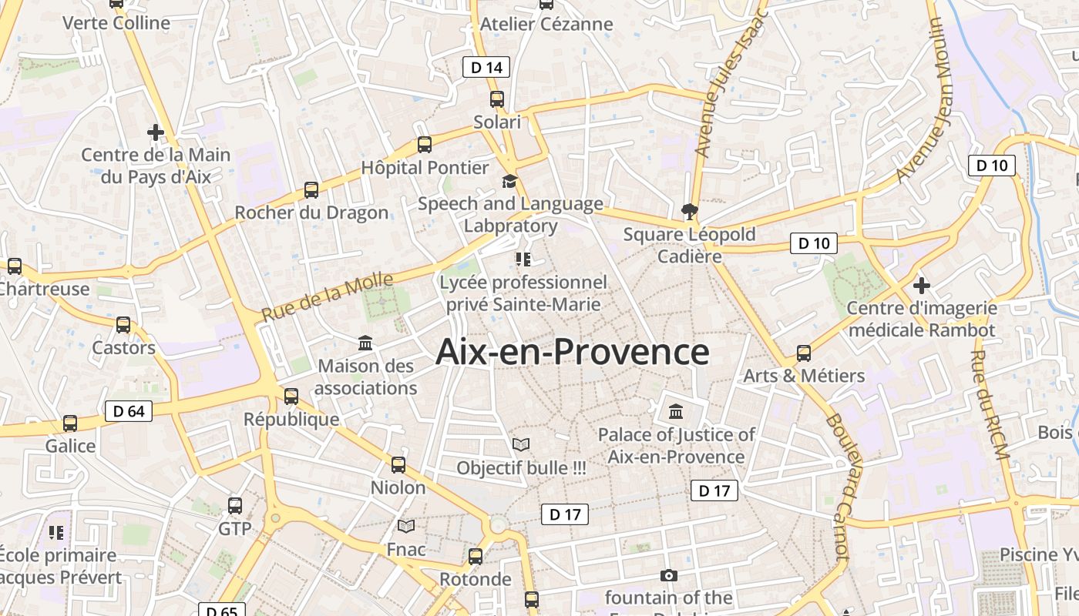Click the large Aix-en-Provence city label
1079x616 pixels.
pos(572,352)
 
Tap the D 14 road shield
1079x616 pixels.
pos(486,68)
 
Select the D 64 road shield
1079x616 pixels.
pos(129,411)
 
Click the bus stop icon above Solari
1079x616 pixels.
pos(497,99)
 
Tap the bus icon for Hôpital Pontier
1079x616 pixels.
pos(425,144)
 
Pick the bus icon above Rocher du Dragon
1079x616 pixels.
pos(311,189)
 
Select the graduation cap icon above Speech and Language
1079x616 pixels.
pos(509,181)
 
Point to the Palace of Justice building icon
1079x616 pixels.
pos(676,411)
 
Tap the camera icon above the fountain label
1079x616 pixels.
pos(668,575)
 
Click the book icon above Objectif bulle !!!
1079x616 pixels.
pos(521,444)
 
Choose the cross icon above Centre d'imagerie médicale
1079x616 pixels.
pos(921,286)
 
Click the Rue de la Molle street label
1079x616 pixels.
pos(327,297)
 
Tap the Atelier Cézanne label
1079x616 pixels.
pos(546,24)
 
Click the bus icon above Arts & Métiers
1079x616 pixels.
pos(804,353)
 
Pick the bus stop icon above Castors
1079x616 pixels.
pos(123,325)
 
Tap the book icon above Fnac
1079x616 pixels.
pos(406,526)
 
